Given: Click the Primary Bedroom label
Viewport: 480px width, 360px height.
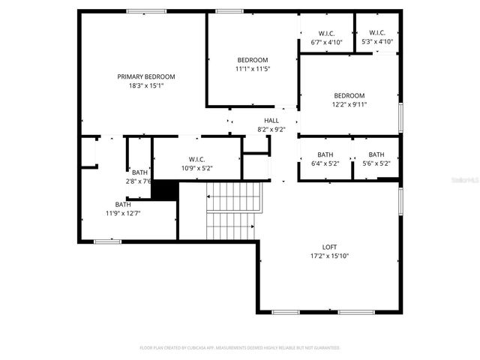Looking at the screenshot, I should tap(146, 76).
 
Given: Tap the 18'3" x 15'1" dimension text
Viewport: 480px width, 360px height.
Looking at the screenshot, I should tap(146, 85).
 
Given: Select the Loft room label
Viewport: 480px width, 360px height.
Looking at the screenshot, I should tap(330, 247).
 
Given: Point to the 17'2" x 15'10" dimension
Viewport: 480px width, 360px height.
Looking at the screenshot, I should tap(330, 256).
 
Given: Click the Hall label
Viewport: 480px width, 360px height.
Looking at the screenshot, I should tap(271, 120).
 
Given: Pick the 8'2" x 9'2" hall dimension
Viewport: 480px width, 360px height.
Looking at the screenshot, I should tap(271, 129).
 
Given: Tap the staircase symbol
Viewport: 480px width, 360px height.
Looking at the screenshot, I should tap(233, 210).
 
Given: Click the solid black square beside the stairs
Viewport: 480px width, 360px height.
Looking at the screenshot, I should tap(164, 190).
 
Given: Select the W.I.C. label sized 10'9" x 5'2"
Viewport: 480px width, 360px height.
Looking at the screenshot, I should tap(197, 159).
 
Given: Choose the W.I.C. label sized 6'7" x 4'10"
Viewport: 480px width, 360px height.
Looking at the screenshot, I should tap(326, 33).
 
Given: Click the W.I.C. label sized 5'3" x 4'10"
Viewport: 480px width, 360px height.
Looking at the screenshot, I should tap(377, 33).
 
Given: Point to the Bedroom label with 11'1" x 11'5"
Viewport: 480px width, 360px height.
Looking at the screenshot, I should tap(252, 60).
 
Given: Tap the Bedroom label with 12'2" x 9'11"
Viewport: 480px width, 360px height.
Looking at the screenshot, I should tap(349, 95).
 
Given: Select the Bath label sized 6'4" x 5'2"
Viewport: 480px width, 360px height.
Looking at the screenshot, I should tap(325, 154).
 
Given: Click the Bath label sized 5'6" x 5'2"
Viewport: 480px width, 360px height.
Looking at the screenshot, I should tap(376, 154).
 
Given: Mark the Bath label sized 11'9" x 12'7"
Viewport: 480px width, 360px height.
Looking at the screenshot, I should tap(122, 204).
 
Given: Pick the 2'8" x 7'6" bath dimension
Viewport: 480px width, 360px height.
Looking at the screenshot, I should tap(139, 181).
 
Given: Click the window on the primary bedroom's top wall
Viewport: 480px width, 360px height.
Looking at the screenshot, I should tap(146, 11).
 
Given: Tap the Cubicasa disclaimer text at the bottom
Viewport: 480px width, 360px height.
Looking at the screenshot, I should tap(240, 348).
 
